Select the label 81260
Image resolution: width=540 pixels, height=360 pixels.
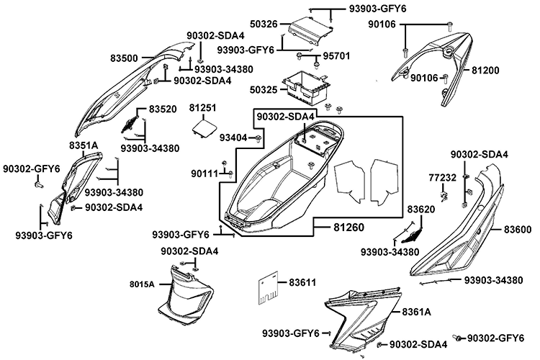point(348,228)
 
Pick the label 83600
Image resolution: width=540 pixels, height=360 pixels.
point(517,229)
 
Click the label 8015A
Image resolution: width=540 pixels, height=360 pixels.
point(143,284)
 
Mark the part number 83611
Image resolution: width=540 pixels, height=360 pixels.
point(303,282)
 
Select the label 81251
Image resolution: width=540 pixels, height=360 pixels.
point(204,107)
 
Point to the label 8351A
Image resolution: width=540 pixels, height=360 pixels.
point(83,145)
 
